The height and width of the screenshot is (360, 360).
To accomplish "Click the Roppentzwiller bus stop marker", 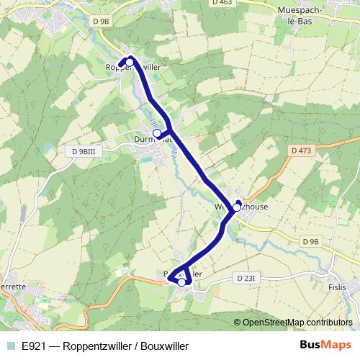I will (x=130, y=63).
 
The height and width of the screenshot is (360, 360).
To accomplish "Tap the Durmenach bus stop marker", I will (x=157, y=133).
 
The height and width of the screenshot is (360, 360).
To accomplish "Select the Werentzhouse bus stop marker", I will (x=237, y=207).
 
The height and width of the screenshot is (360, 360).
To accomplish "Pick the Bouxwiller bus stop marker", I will (x=181, y=282).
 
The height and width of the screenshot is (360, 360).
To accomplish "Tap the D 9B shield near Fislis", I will (x=310, y=241).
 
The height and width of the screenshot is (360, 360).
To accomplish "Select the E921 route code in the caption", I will (x=36, y=346).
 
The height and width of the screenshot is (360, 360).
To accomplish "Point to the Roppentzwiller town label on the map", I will (x=153, y=66).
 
